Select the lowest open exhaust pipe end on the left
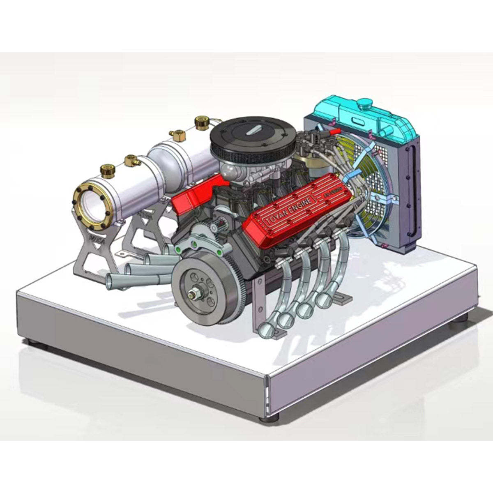click(x=110, y=281)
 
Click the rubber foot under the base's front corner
click(x=269, y=418)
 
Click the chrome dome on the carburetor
click(x=228, y=168)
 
